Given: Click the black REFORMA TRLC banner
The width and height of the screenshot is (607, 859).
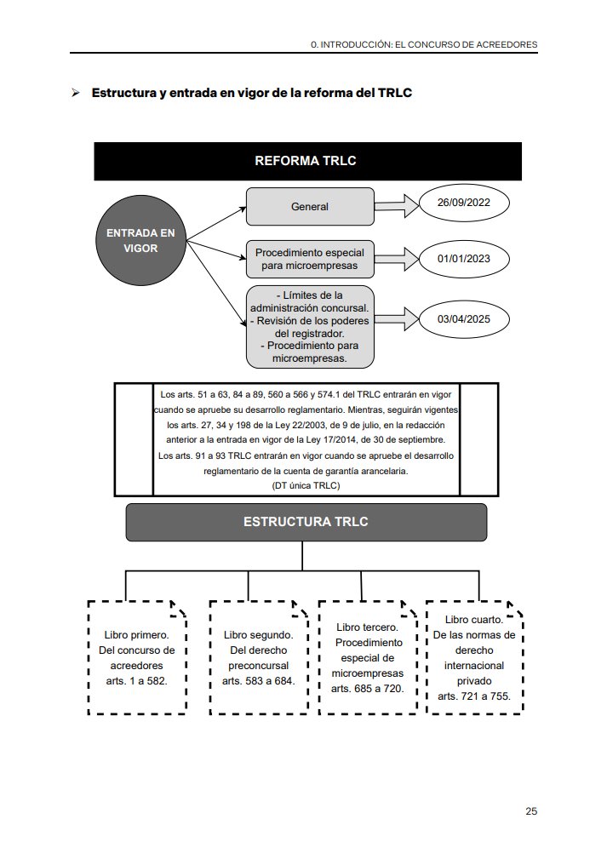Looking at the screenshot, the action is point(307,161).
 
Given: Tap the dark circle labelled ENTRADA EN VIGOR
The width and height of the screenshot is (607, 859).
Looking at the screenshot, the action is point(140,240).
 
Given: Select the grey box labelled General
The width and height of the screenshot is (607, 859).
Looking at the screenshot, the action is point(310,207).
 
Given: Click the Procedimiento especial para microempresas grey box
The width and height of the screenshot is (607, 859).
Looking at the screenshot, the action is point(310,259).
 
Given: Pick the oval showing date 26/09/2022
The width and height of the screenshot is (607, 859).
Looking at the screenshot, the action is point(464,203).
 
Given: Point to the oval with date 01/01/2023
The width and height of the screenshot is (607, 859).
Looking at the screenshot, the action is point(464,259).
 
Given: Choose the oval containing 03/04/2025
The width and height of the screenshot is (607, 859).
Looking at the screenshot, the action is point(464,319).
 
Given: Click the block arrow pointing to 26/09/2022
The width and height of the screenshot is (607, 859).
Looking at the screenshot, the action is point(397,206).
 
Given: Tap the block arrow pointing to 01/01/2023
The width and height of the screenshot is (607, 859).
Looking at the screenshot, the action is point(397,259).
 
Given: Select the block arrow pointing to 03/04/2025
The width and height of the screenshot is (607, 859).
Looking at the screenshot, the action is point(397,319).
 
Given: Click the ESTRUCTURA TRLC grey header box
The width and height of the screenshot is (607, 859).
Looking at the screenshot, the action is point(306,522).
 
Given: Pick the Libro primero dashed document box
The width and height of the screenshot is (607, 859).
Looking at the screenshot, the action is point(137,657).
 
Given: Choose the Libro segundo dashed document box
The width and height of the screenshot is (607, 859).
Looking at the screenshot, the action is point(259,657).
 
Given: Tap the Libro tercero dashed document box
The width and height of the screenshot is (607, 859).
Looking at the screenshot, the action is point(368,657).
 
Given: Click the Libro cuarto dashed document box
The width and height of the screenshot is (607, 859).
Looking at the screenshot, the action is point(474,657).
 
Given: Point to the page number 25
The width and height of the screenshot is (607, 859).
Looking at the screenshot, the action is point(531,811).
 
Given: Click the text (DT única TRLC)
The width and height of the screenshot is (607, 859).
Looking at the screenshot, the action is point(306,485).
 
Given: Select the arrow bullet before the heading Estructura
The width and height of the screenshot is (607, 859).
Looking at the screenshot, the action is point(76,93).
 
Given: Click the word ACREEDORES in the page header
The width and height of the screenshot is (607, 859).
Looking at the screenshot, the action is point(507,45).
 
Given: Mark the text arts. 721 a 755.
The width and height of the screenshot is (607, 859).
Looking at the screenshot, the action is point(474,696).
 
